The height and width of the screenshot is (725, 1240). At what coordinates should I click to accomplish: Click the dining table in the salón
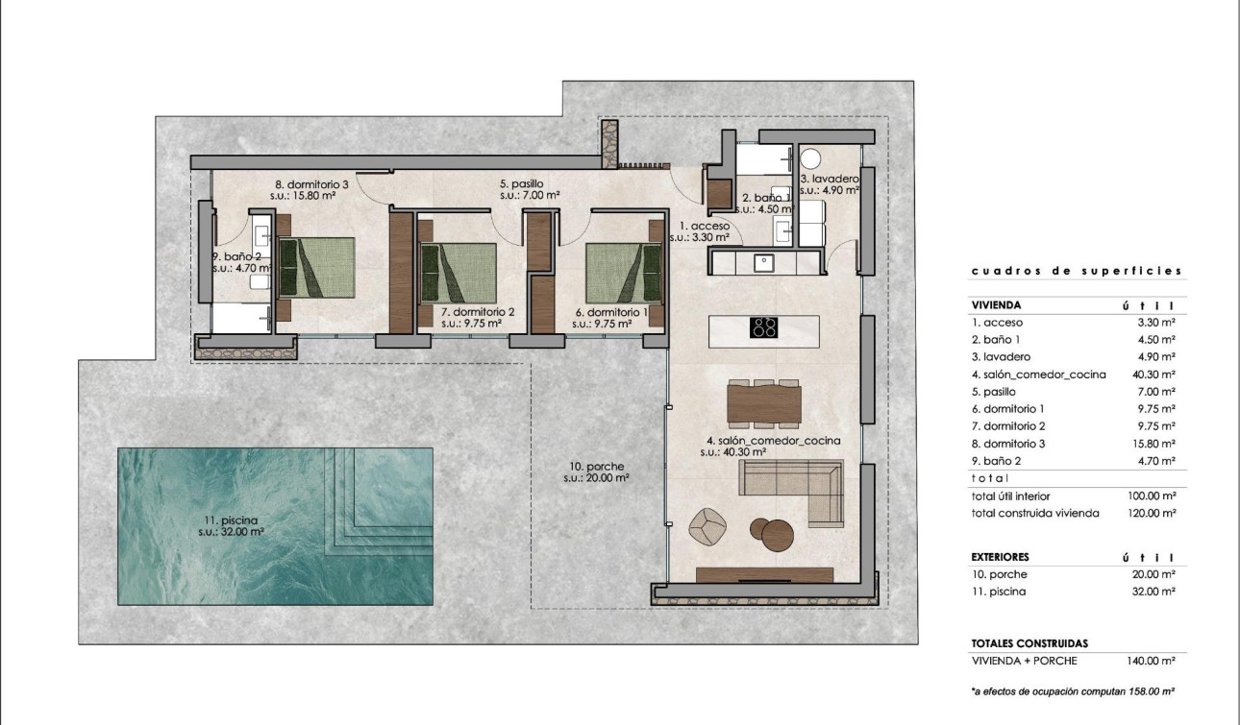pyautogui.click(x=764, y=403)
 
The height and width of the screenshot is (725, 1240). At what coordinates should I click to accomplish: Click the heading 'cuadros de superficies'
pyautogui.click(x=1077, y=271)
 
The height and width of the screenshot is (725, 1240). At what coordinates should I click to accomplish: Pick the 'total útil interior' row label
pyautogui.click(x=1010, y=496)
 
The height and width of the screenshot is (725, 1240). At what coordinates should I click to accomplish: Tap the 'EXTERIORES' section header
pyautogui.click(x=1000, y=557)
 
